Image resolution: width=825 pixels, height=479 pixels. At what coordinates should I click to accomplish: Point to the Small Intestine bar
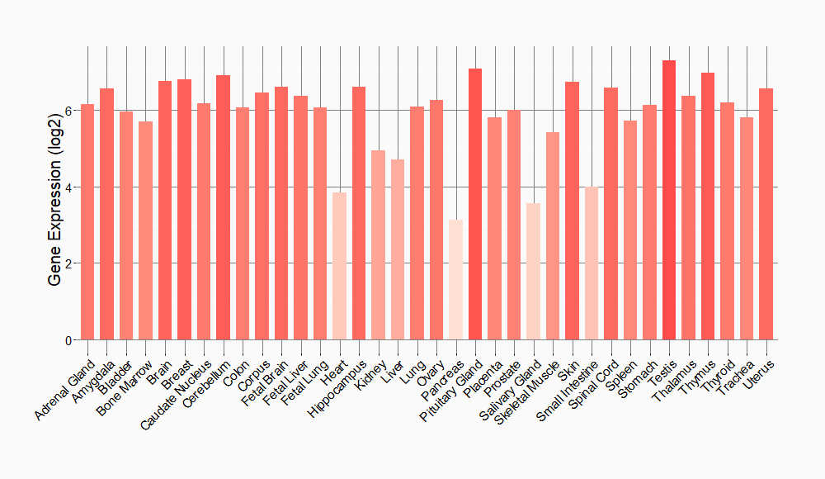592,263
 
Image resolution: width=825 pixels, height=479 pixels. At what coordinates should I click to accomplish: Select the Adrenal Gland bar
87,222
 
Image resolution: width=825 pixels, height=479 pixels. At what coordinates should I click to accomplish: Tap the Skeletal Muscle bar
553,236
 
